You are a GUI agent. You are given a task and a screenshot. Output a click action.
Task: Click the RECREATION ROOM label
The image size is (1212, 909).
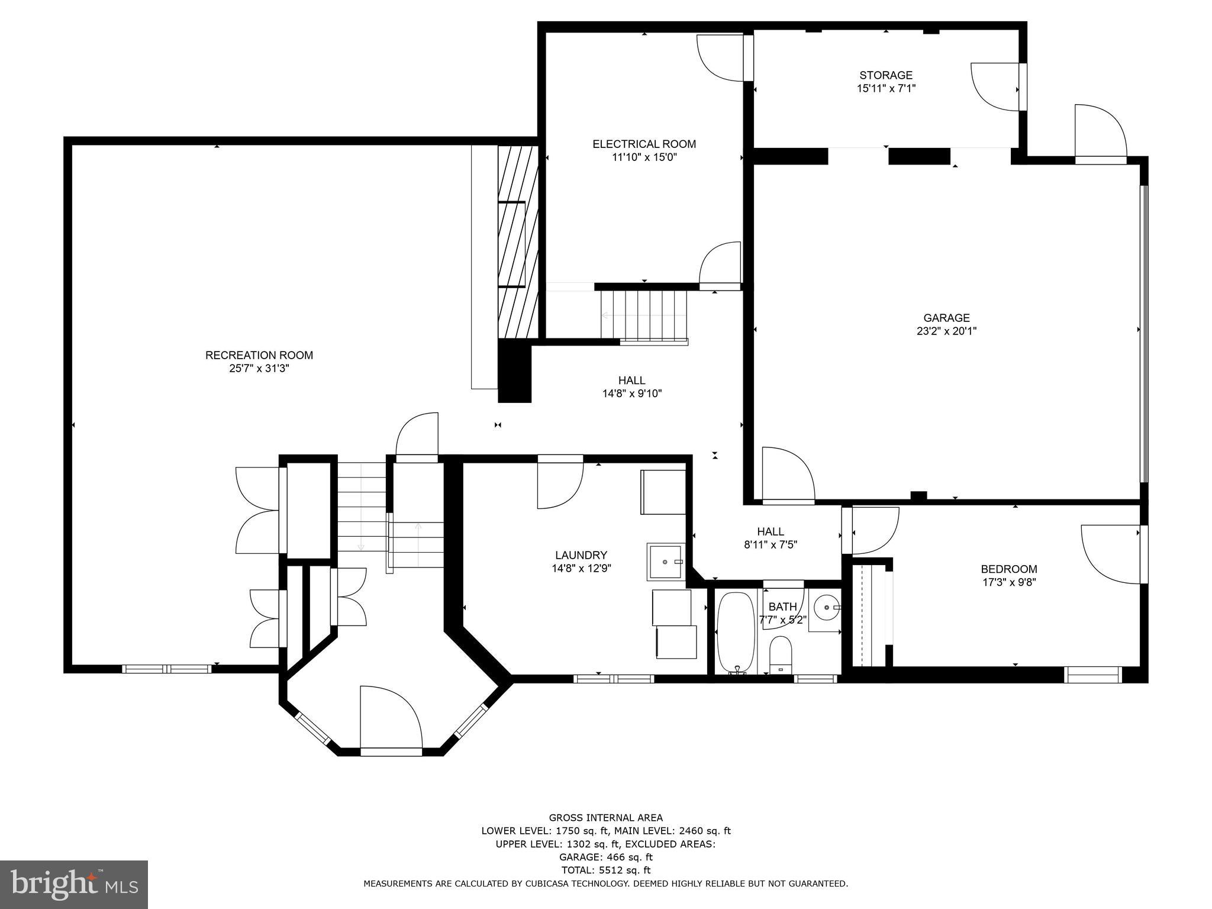(x=259, y=355)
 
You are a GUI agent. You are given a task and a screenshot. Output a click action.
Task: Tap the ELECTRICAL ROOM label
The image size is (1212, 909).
(x=644, y=144)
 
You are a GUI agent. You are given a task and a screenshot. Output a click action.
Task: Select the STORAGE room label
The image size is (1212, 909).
(x=885, y=75)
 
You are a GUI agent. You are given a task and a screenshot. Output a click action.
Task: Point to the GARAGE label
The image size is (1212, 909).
(x=946, y=318)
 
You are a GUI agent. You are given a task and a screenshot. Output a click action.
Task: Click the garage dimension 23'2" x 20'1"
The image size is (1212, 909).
(x=946, y=331)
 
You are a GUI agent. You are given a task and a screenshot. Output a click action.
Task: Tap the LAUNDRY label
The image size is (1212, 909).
(x=581, y=555)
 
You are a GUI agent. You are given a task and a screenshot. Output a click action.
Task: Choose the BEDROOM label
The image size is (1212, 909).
(x=1008, y=569)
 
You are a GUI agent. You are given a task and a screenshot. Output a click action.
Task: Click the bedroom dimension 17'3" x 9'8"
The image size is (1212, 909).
(x=1008, y=582)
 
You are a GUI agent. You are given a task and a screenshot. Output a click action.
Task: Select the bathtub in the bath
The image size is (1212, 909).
(x=735, y=631)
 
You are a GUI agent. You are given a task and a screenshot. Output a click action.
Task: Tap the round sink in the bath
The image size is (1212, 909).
(x=825, y=607)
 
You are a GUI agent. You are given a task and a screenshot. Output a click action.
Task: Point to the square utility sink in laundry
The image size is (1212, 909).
(x=665, y=562)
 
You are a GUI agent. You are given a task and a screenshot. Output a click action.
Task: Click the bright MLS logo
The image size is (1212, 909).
(x=73, y=884)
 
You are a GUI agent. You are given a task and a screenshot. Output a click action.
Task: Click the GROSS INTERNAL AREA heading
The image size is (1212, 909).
(x=605, y=818)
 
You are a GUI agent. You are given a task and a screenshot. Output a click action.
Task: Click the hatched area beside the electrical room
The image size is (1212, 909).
(x=518, y=243)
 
